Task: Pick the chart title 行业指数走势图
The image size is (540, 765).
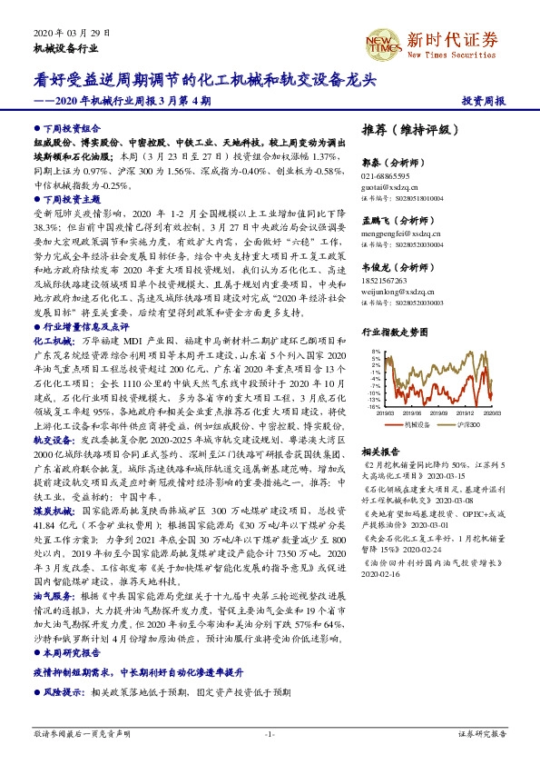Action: coord(394,333)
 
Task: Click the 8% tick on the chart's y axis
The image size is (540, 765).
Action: coord(376,350)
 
